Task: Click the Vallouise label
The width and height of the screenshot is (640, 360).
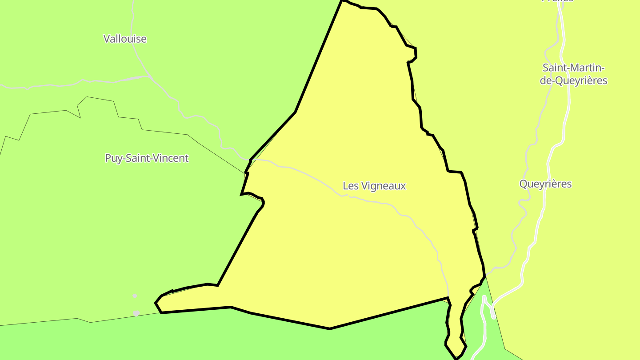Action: tap(125, 39)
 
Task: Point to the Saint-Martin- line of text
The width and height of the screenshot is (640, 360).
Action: tap(574, 68)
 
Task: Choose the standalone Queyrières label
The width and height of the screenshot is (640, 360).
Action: tap(545, 184)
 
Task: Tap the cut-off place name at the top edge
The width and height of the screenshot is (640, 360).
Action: tap(557, 1)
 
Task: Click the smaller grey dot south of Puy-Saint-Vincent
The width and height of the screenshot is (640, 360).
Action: tap(135, 296)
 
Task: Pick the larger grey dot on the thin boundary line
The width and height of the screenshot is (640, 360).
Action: tap(136, 313)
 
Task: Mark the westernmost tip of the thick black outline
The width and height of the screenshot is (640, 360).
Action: tap(156, 303)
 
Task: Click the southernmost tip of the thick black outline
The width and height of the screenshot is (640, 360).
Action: tap(456, 358)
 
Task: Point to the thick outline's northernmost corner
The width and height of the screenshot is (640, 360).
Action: tap(342, 1)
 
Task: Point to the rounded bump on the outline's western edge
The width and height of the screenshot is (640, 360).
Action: tap(262, 202)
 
